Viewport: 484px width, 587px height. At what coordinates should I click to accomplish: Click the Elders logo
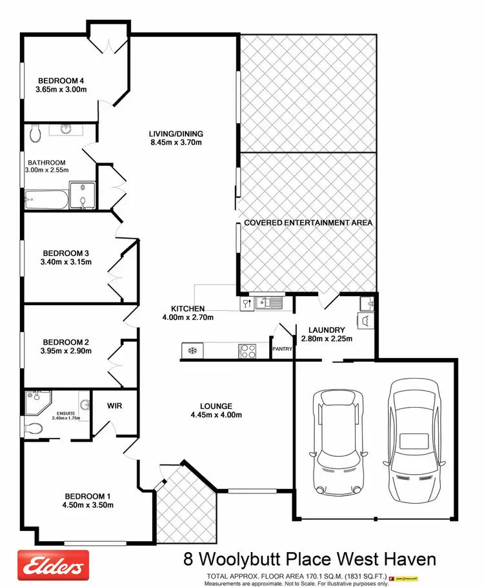point(52,566)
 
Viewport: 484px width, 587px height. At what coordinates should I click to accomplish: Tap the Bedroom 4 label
point(61,80)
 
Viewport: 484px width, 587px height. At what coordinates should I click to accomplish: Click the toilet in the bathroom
point(35,133)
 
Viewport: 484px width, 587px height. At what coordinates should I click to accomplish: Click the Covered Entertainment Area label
point(308,223)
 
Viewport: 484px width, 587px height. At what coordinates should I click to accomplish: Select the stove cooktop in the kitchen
point(248,351)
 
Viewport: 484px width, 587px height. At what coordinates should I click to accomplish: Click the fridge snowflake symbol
point(192,351)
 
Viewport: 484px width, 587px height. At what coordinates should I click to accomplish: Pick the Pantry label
point(283,349)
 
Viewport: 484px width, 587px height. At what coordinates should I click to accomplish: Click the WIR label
point(115,406)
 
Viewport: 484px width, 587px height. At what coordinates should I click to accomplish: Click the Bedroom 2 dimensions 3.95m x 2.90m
point(67,352)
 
